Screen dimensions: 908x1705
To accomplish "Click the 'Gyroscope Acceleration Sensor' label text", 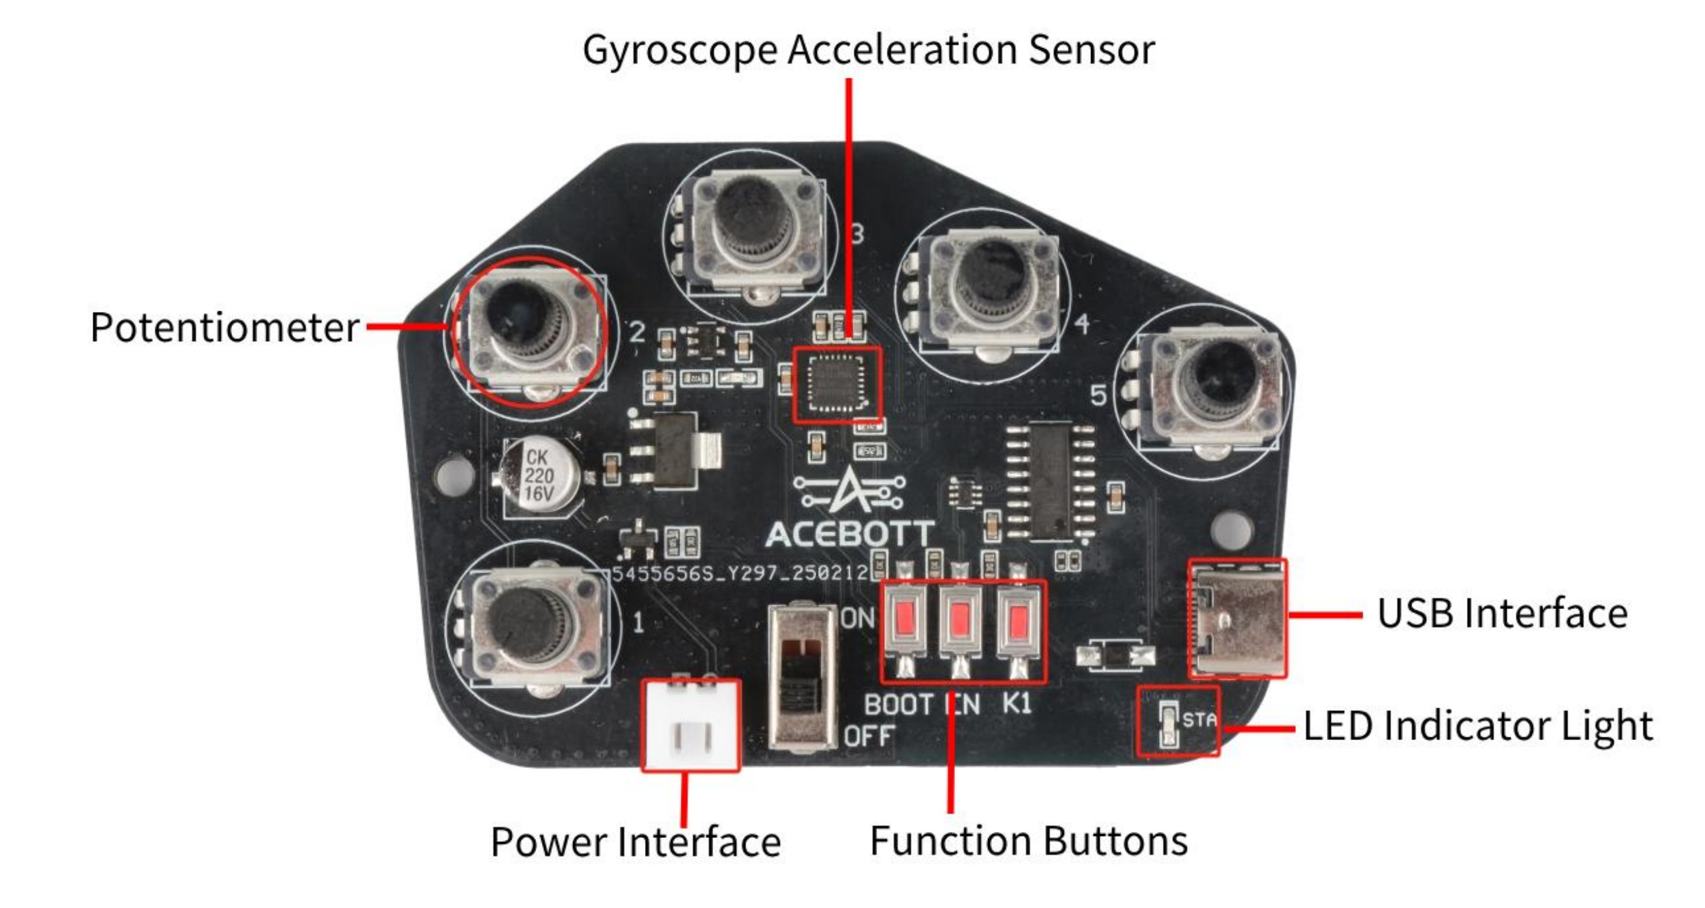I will [x=869, y=50].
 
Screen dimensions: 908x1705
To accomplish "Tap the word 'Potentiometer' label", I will [x=224, y=327].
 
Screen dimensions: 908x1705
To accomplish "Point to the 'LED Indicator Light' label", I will [x=1477, y=726].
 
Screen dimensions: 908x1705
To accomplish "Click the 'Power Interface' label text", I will [x=635, y=842].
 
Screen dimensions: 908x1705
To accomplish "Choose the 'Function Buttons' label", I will [x=1029, y=841].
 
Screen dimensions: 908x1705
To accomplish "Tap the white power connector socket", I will [x=691, y=726].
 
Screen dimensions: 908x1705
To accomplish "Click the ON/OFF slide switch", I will [x=802, y=676].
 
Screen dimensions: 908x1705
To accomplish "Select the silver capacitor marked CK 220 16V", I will [x=539, y=475].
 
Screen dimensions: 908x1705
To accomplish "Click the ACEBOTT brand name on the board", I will [x=850, y=534].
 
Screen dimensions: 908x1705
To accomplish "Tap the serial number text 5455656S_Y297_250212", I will [x=739, y=573].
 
